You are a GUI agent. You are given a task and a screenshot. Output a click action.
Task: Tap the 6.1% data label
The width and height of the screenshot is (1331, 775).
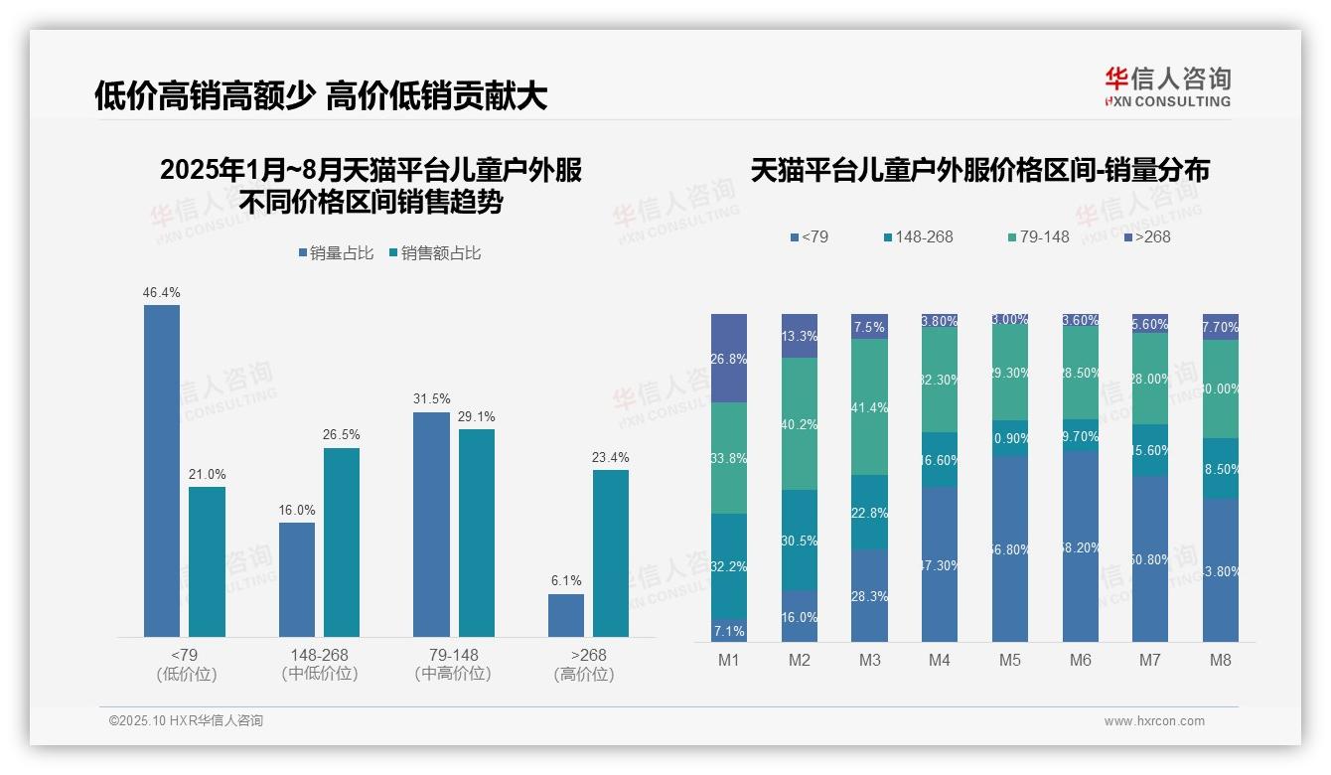pyautogui.click(x=566, y=580)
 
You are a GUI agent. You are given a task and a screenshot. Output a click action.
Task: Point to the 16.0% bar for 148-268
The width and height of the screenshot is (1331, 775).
pyautogui.click(x=297, y=579)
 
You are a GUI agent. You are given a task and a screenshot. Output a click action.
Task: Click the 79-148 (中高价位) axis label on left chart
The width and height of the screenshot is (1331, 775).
pyautogui.click(x=453, y=664)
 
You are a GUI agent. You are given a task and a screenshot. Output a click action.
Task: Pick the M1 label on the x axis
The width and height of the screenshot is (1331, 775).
pyautogui.click(x=728, y=660)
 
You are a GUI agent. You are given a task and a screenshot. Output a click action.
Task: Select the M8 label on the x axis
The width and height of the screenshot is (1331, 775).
pyautogui.click(x=1221, y=660)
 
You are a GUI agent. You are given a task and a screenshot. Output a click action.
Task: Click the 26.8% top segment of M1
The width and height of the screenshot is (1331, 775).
pyautogui.click(x=728, y=358)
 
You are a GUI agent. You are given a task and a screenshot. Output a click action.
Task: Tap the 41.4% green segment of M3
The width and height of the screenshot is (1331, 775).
pyautogui.click(x=869, y=407)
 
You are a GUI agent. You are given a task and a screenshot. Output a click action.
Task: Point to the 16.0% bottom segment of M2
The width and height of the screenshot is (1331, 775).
pyautogui.click(x=799, y=616)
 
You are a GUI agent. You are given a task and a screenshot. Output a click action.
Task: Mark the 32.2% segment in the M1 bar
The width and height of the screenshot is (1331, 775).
pyautogui.click(x=728, y=566)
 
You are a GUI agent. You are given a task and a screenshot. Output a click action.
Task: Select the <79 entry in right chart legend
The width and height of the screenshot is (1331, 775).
pyautogui.click(x=809, y=236)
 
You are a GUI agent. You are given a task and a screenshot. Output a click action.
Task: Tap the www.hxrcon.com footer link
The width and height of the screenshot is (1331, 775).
pyautogui.click(x=1154, y=721)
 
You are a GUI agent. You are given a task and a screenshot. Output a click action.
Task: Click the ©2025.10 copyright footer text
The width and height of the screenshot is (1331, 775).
pyautogui.click(x=186, y=721)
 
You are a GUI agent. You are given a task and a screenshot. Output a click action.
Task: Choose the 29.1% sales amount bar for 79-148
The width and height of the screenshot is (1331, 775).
pyautogui.click(x=477, y=533)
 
